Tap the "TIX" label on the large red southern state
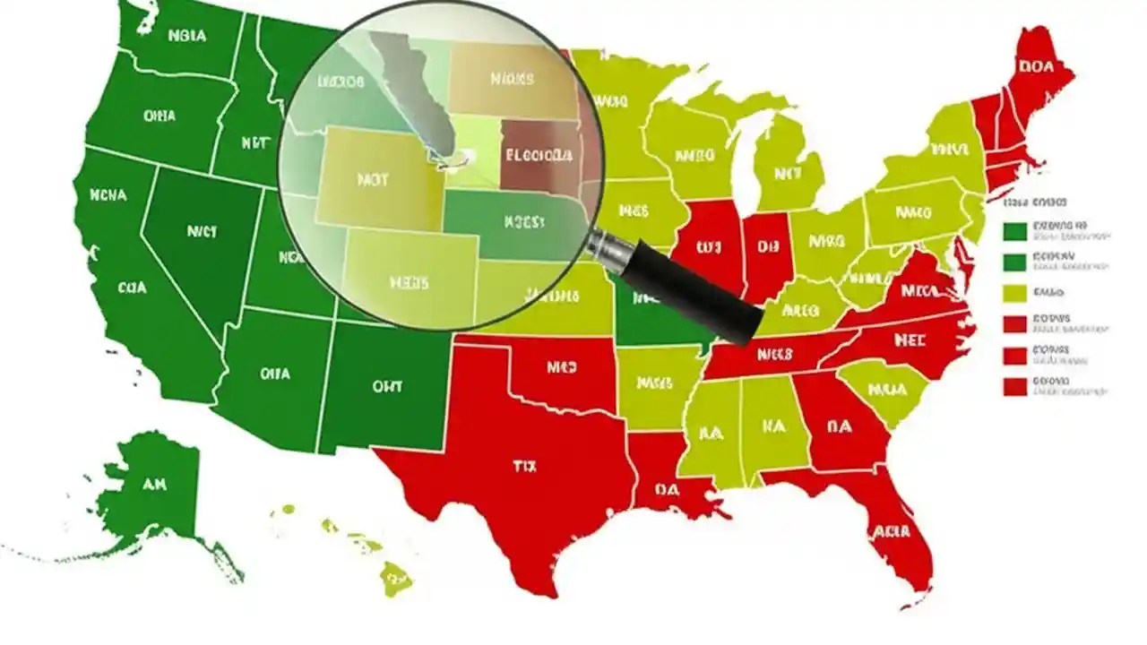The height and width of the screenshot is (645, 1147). coord(523,466)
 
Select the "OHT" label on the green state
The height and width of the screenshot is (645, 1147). coord(386,387)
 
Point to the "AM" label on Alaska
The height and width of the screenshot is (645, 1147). coord(155,485)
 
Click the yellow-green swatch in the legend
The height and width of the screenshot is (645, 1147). coord(1014,292)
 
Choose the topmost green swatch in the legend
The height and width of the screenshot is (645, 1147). coord(1014,231)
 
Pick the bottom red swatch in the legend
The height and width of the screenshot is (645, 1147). coord(1014,386)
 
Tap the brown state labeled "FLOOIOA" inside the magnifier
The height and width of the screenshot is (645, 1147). coord(538,155)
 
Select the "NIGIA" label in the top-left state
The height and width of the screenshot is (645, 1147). coord(186,37)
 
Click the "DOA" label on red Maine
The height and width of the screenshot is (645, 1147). coord(1036,64)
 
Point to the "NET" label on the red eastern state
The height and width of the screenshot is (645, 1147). coord(910,340)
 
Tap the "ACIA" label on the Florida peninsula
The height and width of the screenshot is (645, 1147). coord(892,531)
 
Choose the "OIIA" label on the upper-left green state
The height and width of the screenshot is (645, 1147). coord(159,116)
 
